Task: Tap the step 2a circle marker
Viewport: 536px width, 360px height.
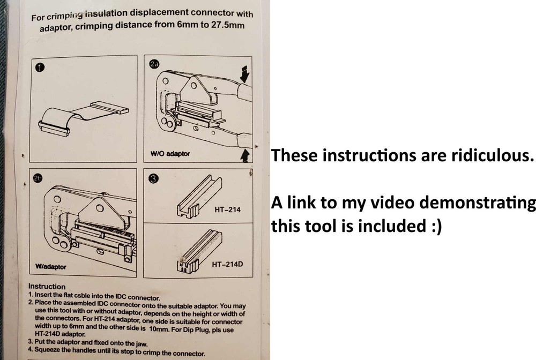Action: [154, 64]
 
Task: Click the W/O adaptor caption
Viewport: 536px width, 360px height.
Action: [170, 154]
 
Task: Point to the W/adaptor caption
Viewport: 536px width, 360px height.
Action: [50, 266]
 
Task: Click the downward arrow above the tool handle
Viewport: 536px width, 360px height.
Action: [245, 74]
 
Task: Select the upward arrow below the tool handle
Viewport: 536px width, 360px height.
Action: [244, 155]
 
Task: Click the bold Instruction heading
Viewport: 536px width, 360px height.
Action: [47, 287]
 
